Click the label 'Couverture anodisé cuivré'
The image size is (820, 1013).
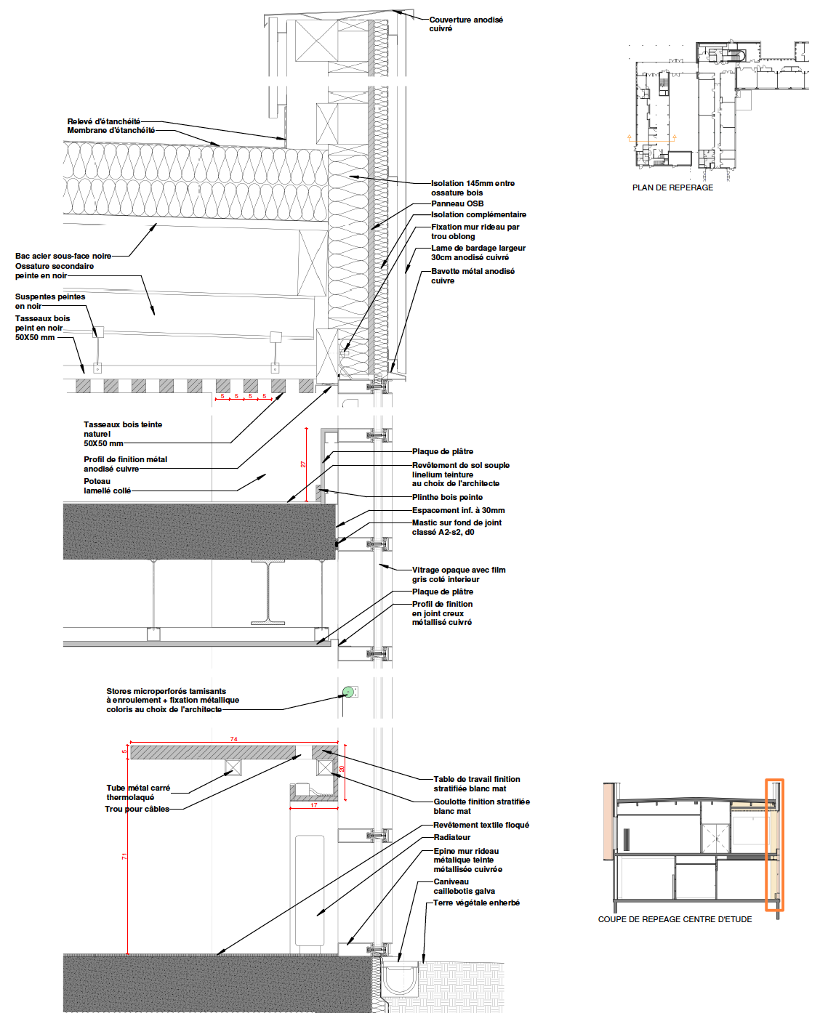tap(465, 24)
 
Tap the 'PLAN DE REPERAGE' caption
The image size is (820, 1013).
tap(672, 187)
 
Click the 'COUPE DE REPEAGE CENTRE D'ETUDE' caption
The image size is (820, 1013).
tap(675, 919)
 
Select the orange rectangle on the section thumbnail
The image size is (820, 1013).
tap(774, 844)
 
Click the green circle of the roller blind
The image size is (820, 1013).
tap(348, 692)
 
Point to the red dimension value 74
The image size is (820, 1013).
tap(233, 739)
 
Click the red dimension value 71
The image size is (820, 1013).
tap(124, 857)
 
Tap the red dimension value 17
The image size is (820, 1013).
tap(313, 805)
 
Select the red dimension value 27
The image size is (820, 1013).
tap(304, 464)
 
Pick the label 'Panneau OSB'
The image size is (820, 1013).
tap(457, 203)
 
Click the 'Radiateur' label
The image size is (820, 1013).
tap(452, 837)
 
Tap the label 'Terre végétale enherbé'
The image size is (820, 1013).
tap(476, 903)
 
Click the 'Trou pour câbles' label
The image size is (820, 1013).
tap(137, 809)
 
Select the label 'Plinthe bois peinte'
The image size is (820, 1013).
tap(447, 497)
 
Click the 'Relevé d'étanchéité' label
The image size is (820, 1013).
tap(104, 121)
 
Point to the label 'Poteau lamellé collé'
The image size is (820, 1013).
tap(107, 486)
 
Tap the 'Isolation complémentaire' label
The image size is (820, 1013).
tap(478, 214)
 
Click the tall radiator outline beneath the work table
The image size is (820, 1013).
tap(310, 890)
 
